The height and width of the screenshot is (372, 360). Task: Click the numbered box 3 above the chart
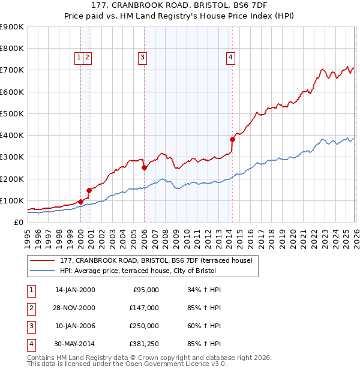[x=143, y=58]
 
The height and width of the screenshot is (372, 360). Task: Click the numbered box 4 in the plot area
[x=230, y=58]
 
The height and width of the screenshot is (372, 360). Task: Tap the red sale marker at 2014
[x=232, y=139]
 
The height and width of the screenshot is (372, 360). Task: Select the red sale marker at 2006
[x=144, y=168]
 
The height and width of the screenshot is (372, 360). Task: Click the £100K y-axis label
[x=11, y=200]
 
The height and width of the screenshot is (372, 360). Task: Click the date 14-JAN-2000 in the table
[x=75, y=290]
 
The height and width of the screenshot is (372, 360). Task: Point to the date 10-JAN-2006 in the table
[x=75, y=326]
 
